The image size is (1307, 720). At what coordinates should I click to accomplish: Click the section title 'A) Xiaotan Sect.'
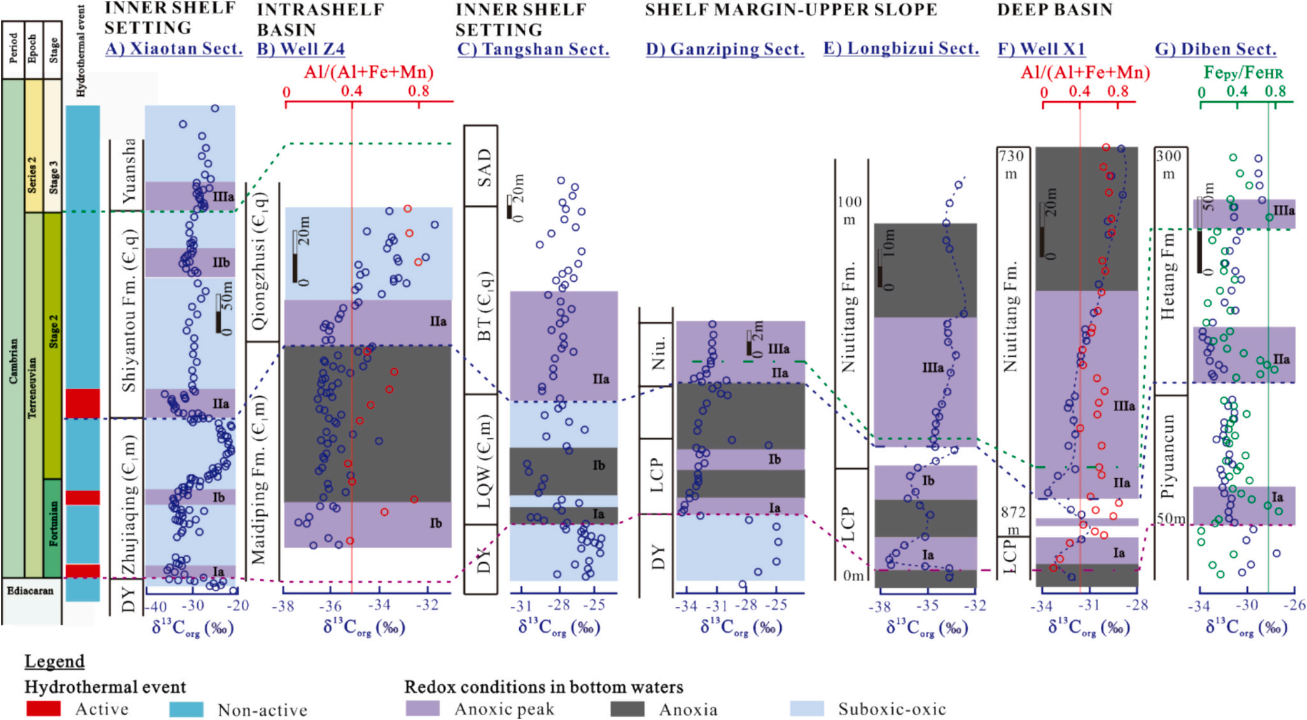[174, 49]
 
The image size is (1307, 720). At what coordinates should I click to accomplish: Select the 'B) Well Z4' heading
[300, 49]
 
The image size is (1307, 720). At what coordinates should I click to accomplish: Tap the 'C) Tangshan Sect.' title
[533, 49]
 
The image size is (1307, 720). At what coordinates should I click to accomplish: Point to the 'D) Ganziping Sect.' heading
[725, 49]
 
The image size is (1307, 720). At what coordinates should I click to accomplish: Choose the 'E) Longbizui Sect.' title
[900, 49]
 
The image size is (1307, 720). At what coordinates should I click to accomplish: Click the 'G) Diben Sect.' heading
[1215, 49]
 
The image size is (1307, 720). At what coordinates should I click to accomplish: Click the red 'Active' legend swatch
[44, 709]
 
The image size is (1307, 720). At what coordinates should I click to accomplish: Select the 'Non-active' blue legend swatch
[186, 709]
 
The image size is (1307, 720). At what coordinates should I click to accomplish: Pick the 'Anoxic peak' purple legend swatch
[423, 709]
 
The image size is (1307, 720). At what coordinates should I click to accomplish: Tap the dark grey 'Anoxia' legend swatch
[627, 709]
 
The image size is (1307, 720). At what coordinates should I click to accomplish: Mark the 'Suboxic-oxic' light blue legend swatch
[806, 709]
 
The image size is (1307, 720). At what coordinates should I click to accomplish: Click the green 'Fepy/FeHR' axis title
[1243, 73]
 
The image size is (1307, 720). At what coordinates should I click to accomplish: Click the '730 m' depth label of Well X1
[1011, 164]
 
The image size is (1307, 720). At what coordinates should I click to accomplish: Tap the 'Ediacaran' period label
[30, 591]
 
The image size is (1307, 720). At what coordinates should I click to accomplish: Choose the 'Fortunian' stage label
[53, 523]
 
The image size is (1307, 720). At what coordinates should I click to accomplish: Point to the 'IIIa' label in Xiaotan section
[223, 197]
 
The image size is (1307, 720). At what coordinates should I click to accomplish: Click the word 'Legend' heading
[54, 661]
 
